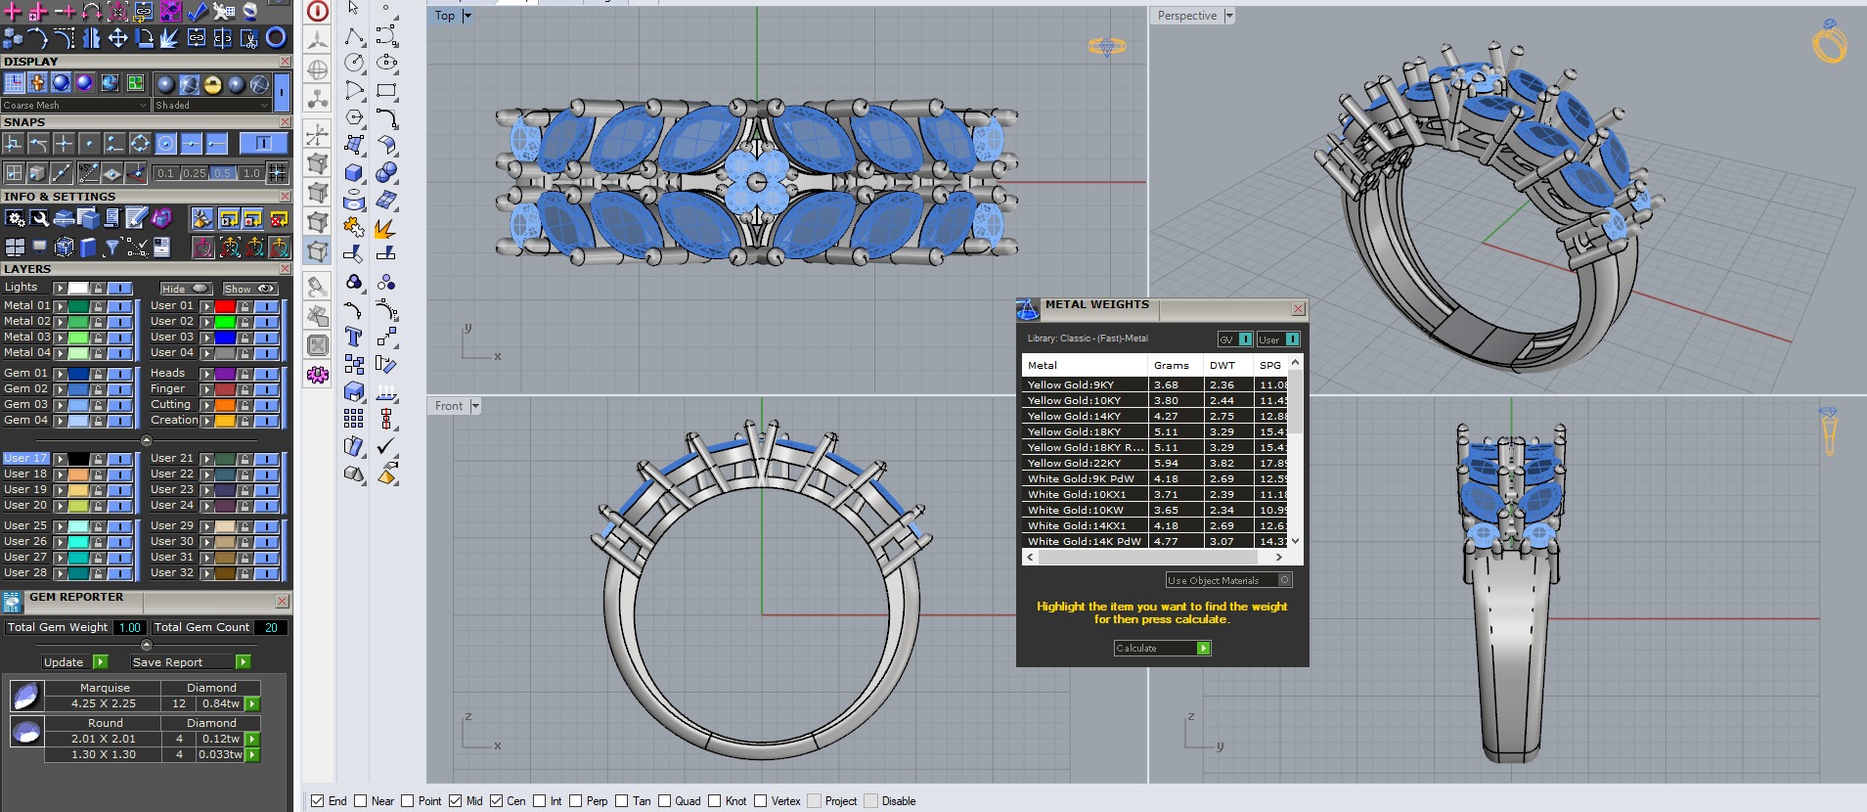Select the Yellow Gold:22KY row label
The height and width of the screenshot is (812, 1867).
[1074, 463]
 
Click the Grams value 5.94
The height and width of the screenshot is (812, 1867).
[1166, 463]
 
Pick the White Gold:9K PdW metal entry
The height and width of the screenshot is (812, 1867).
[1081, 478]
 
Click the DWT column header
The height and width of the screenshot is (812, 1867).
[1222, 365]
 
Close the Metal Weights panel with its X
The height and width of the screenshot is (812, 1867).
[1298, 309]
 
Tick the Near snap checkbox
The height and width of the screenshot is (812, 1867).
[361, 801]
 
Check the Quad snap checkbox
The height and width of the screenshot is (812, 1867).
[665, 801]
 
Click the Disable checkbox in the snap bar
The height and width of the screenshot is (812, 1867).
[871, 801]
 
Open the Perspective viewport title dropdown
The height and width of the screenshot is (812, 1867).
[1229, 16]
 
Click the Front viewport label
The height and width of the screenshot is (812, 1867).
[449, 406]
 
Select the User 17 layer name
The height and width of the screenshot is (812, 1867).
[25, 458]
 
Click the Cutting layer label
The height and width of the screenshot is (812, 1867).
[171, 404]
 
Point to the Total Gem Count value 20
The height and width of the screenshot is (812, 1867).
[271, 628]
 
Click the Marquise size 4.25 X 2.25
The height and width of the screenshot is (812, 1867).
[104, 703]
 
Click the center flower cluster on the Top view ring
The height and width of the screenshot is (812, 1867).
[756, 182]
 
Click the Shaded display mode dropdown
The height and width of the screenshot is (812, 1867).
[210, 105]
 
